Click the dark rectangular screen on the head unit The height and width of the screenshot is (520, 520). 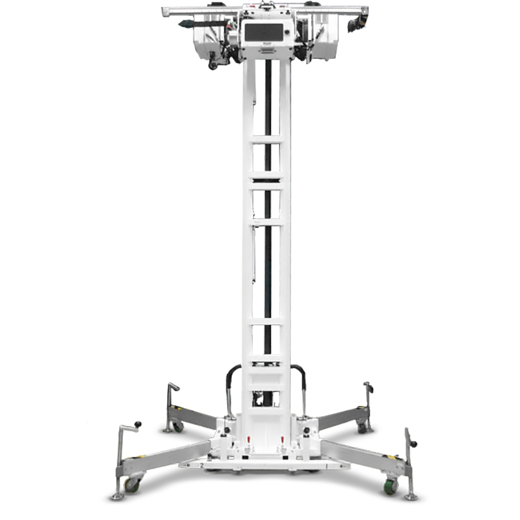click(266, 31)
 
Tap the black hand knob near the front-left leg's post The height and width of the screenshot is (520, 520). click(138, 425)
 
